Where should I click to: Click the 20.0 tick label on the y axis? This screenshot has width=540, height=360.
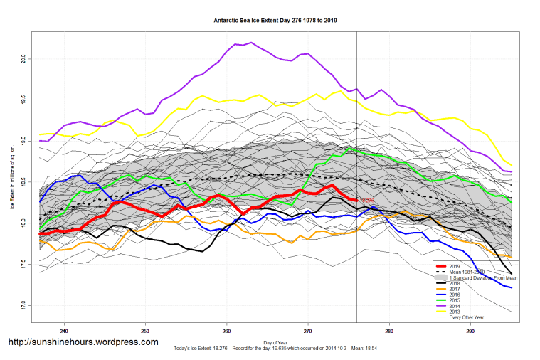tap(23, 59)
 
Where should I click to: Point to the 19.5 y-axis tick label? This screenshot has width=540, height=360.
tap(23, 99)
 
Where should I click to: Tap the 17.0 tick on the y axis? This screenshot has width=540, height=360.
tap(23, 306)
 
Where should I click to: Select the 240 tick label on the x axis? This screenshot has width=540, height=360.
tap(64, 332)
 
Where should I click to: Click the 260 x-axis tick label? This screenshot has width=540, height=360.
tap(226, 332)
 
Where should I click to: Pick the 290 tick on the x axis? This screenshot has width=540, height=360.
tap(470, 332)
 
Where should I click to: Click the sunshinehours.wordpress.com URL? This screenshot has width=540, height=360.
tap(83, 342)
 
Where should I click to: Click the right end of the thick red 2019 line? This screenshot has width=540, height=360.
tap(356, 200)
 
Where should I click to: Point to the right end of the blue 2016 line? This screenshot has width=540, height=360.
tap(512, 287)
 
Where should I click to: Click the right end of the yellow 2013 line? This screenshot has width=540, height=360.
tap(512, 165)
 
